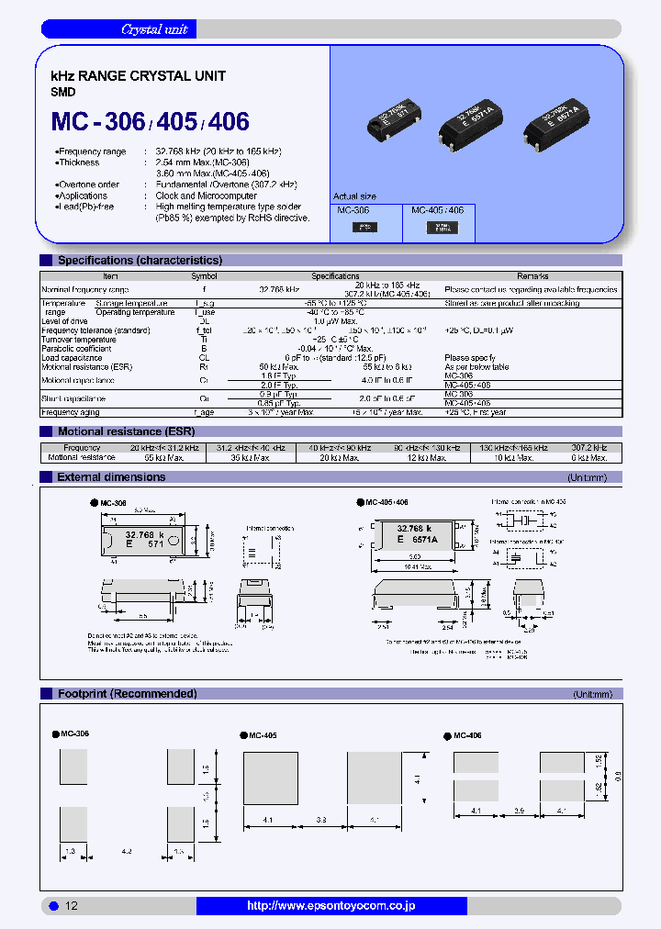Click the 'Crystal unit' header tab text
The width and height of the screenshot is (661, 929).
[154, 29]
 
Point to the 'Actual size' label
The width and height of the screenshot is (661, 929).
[354, 196]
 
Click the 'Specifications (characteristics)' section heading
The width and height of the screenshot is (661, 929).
[140, 261]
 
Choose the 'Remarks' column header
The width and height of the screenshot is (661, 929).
[532, 276]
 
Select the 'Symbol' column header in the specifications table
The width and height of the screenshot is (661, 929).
[204, 276]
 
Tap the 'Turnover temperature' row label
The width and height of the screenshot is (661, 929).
[81, 340]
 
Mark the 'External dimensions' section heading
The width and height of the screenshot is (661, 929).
[111, 477]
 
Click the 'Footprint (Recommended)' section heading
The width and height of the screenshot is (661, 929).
[127, 694]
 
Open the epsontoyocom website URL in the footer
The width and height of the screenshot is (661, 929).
[330, 906]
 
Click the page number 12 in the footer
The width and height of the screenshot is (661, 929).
[72, 906]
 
